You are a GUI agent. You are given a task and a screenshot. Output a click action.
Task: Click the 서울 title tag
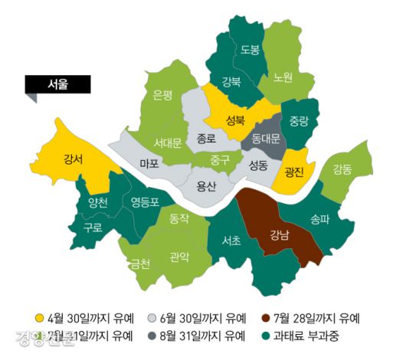click(57, 84)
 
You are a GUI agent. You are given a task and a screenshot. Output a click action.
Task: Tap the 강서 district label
click(74, 159)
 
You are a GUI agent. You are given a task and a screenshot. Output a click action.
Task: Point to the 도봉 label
click(250, 50)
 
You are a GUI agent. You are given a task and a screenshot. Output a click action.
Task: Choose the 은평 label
click(163, 95)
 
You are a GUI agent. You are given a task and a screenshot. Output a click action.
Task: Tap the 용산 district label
click(206, 185)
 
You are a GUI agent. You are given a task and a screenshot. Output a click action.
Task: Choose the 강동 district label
click(342, 169)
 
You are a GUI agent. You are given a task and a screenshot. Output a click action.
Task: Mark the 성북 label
click(235, 119)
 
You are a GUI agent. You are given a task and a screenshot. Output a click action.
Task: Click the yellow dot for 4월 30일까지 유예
click(40, 317)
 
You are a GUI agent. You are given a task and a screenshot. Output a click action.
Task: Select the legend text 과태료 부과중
click(306, 335)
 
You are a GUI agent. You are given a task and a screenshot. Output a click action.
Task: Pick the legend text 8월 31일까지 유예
click(205, 335)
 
